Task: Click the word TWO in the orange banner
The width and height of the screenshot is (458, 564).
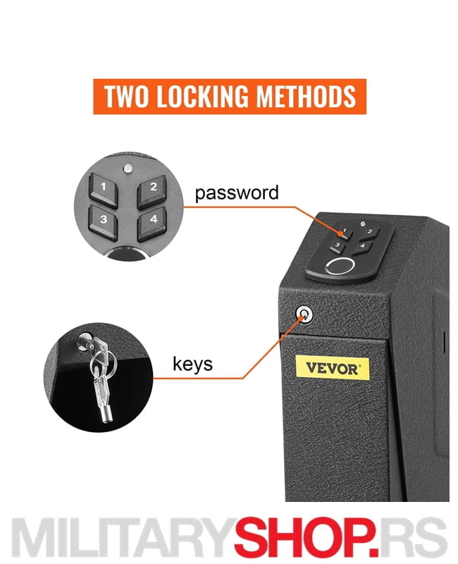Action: [126, 97]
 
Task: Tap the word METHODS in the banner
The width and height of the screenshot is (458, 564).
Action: [306, 97]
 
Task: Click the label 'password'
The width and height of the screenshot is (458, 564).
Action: [237, 192]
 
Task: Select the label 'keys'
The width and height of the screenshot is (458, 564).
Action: [192, 364]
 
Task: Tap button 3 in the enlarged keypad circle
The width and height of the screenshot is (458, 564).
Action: [104, 221]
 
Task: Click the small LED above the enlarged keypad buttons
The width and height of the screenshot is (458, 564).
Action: [128, 168]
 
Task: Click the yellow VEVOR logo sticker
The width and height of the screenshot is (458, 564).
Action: [332, 368]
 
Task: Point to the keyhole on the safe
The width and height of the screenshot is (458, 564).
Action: [304, 314]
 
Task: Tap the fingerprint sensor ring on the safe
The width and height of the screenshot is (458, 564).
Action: [340, 266]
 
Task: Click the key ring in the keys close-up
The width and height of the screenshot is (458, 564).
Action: [104, 363]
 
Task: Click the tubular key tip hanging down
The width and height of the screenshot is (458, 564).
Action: [107, 416]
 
